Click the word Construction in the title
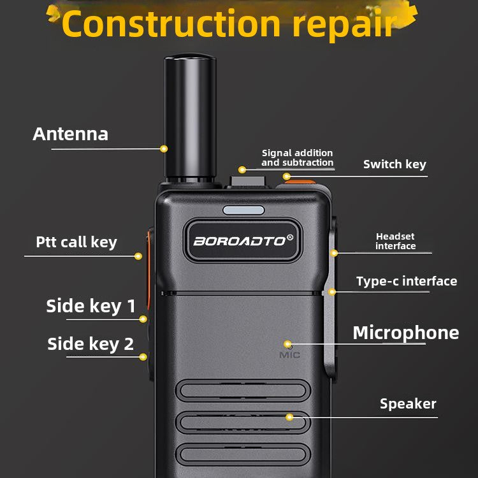pyautogui.click(x=171, y=24)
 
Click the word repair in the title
pyautogui.click(x=345, y=26)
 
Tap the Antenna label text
pyautogui.click(x=70, y=134)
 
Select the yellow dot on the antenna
pyautogui.click(x=164, y=148)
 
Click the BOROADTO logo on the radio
pyautogui.click(x=243, y=241)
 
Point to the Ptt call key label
pyautogui.click(x=76, y=242)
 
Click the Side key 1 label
pyautogui.click(x=91, y=306)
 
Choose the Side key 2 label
pyautogui.click(x=91, y=344)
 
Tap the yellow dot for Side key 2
pyautogui.click(x=143, y=357)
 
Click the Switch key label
pyautogui.click(x=395, y=164)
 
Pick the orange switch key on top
pyautogui.click(x=300, y=182)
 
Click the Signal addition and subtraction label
pyautogui.click(x=297, y=157)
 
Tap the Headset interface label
pyautogui.click(x=395, y=241)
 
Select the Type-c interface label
pyautogui.click(x=407, y=281)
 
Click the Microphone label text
pyautogui.click(x=406, y=333)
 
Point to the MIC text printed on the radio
pyautogui.click(x=289, y=355)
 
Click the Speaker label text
pyautogui.click(x=408, y=404)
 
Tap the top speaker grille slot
pyautogui.click(x=243, y=391)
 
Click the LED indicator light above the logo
pyautogui.click(x=243, y=210)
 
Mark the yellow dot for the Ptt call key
pyautogui.click(x=138, y=256)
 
